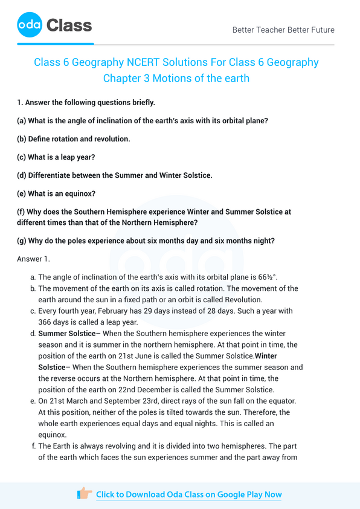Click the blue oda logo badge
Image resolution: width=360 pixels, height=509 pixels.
(30, 25)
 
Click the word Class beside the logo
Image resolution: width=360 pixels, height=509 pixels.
(69, 25)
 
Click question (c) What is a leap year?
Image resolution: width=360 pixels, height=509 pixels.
(56, 157)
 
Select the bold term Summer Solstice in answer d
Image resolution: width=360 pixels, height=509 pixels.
(66, 333)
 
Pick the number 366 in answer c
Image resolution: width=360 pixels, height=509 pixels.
(46, 322)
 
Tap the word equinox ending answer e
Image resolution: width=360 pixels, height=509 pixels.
(54, 434)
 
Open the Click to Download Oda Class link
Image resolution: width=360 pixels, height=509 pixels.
(188, 494)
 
